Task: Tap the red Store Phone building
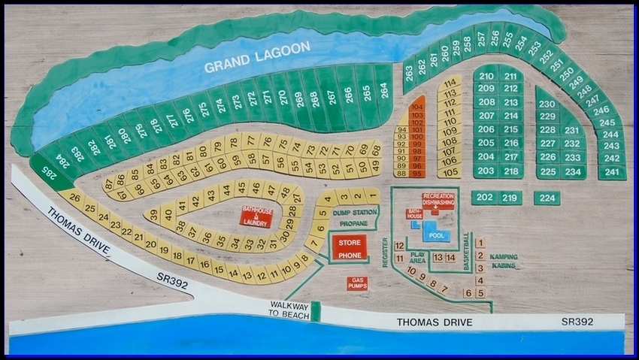pos(347,247)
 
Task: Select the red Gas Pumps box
pos(357,283)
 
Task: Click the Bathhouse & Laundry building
pos(256,216)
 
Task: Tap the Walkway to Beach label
pos(289,310)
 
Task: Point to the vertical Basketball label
pos(468,251)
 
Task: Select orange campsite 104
pos(418,107)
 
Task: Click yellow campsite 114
pos(450,83)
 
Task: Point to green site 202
pos(485,198)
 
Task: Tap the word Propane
pos(353,224)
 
